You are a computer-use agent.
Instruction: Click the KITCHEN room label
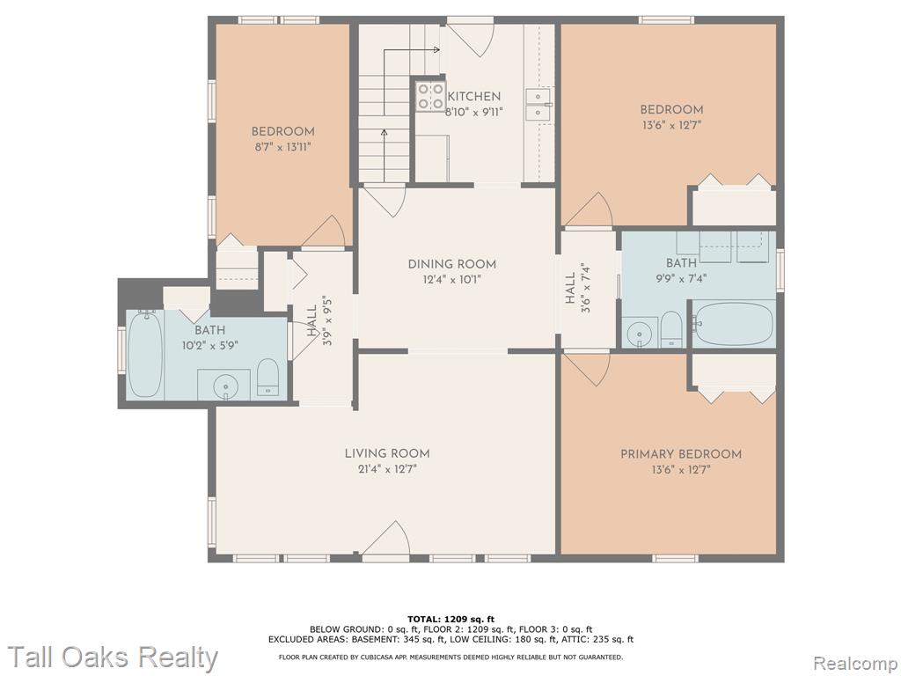click(x=473, y=97)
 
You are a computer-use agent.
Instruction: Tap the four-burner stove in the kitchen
click(x=430, y=96)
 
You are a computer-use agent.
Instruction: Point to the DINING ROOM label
click(x=451, y=264)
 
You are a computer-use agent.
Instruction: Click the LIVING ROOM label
click(x=387, y=453)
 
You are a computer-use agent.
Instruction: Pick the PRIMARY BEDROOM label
click(x=681, y=454)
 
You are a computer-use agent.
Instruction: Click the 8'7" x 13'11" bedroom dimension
click(x=282, y=147)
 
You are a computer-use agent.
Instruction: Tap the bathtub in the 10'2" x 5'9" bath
click(x=143, y=354)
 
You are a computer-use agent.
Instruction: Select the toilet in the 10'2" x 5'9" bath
click(x=267, y=378)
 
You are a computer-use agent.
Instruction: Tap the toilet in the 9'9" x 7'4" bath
click(x=671, y=329)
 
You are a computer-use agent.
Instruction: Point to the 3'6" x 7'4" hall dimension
click(x=585, y=288)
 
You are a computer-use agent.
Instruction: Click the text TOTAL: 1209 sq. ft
click(x=450, y=619)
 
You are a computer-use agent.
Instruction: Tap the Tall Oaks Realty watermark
click(x=114, y=657)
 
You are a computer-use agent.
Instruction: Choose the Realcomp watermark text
click(x=854, y=663)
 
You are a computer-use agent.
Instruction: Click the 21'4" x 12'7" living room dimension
click(x=387, y=470)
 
